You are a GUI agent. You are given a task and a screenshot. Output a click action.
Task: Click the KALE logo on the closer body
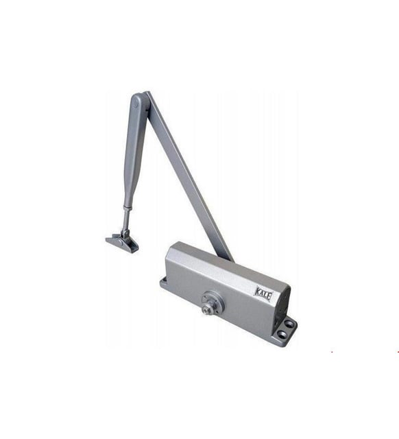tap(263, 294)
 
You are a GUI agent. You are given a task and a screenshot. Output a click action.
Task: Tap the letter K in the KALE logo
tap(257, 292)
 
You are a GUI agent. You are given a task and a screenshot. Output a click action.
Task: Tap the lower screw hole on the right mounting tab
tap(283, 334)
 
